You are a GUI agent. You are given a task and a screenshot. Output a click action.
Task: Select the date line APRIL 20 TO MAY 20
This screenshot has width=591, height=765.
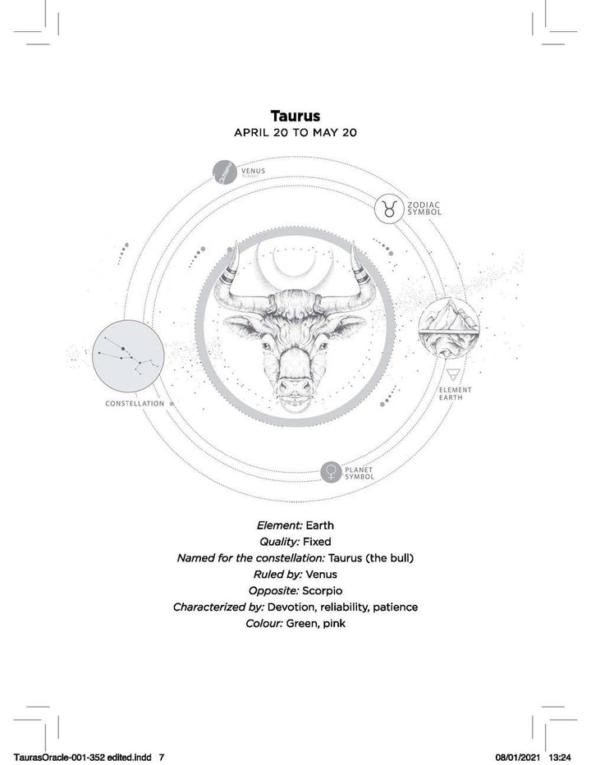click(295, 131)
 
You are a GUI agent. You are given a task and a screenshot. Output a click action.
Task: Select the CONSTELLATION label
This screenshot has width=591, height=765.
click(135, 404)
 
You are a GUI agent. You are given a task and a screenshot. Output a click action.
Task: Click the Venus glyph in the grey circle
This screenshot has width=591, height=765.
click(332, 472)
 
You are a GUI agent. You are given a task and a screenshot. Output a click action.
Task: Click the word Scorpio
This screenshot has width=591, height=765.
click(323, 590)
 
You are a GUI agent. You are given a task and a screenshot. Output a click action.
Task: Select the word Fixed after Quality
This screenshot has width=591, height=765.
click(318, 542)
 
